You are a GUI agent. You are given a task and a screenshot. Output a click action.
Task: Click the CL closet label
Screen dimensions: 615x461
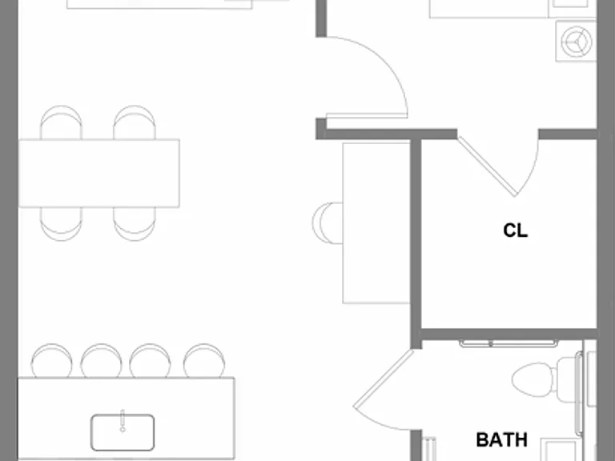click(516, 230)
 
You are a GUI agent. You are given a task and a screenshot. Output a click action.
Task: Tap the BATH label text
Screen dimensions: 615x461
click(501, 440)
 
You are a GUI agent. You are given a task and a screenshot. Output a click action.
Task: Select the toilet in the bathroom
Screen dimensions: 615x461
click(547, 379)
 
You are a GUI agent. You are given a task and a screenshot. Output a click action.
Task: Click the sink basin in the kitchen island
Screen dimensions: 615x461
click(123, 432)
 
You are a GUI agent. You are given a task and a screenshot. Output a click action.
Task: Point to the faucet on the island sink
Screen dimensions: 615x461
click(123, 421)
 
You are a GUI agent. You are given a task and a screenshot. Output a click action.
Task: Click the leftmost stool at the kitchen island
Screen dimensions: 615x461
click(51, 361)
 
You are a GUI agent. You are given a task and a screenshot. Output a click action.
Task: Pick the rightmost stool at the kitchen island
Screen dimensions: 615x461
click(204, 361)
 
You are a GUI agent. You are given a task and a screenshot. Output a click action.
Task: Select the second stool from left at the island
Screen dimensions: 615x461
click(101, 361)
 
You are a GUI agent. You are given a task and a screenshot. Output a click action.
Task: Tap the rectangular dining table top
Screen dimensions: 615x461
click(99, 173)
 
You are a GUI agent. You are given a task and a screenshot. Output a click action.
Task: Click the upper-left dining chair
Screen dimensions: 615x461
click(61, 122)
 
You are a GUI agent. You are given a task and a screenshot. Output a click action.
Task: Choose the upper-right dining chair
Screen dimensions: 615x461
click(135, 122)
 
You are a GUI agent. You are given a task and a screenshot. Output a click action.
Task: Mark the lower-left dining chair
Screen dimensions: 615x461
click(61, 224)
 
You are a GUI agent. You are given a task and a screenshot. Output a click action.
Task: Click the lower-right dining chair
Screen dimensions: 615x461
click(135, 224)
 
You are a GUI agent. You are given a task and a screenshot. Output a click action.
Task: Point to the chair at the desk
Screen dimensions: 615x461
click(328, 223)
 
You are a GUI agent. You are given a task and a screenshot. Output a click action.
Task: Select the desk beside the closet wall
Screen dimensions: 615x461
click(376, 223)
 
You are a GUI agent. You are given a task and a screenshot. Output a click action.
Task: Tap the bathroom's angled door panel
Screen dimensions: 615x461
click(384, 379)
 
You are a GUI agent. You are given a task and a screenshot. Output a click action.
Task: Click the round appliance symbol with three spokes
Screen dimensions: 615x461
click(577, 42)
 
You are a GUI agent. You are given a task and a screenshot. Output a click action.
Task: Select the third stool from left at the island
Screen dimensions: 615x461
click(151, 361)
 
